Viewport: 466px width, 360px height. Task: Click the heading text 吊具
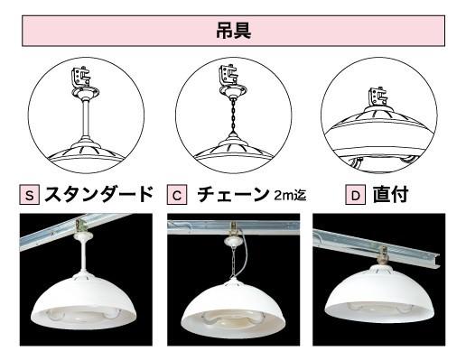233,31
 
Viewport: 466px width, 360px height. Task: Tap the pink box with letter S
30,196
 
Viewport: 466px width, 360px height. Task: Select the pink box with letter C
177,196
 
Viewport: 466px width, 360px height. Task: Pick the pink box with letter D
355,196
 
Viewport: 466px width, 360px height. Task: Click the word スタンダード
98,195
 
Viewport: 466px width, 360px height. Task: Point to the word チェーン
233,195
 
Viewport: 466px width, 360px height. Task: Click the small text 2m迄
290,195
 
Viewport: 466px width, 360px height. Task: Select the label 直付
390,195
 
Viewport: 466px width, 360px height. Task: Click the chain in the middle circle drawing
233,116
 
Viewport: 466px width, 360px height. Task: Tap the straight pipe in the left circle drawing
86,118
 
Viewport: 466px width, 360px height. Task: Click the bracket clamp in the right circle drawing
377,97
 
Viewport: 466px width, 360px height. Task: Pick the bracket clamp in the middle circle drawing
228,75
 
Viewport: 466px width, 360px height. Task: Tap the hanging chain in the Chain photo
233,264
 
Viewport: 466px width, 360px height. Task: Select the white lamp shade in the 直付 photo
379,294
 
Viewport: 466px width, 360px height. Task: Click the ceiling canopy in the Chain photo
232,241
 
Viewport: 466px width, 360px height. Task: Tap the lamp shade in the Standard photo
85,300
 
